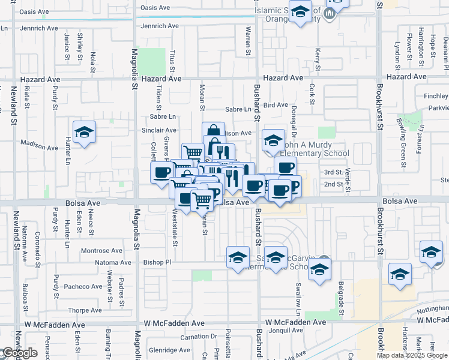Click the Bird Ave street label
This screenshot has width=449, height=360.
click(x=276, y=105)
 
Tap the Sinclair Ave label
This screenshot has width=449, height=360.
click(x=158, y=130)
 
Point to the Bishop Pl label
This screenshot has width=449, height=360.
click(x=157, y=262)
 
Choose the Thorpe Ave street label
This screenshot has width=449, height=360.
click(x=85, y=310)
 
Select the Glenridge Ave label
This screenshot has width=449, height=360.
click(x=169, y=350)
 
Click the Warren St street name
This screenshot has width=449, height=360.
click(x=247, y=41)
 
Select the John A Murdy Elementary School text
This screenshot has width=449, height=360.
click(x=316, y=149)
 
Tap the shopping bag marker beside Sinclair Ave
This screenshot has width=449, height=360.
click(x=212, y=130)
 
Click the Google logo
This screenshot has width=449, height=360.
click(x=20, y=353)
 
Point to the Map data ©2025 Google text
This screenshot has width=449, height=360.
click(x=412, y=355)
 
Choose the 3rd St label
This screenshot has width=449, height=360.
click(x=333, y=172)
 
